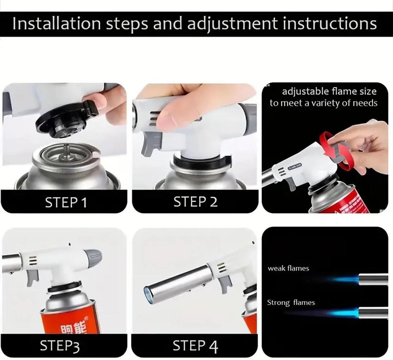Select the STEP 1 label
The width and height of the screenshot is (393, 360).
[66, 202]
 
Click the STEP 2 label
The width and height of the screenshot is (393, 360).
[195, 202]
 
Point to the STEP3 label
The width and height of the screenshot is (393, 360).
[60, 346]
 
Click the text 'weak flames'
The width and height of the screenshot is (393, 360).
[288, 268]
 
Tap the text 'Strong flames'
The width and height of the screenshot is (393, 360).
[291, 303]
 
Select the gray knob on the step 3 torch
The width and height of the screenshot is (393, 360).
[92, 258]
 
